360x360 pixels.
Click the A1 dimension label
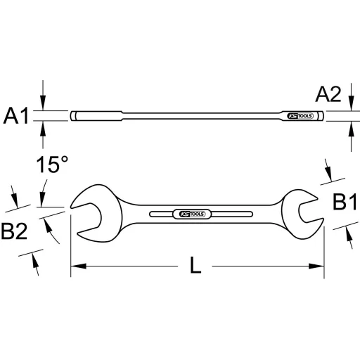[x=17, y=115]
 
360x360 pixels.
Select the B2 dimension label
[x=15, y=231]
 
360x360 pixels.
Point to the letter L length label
[x=197, y=266]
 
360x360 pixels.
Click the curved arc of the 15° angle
[x=55, y=232]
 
